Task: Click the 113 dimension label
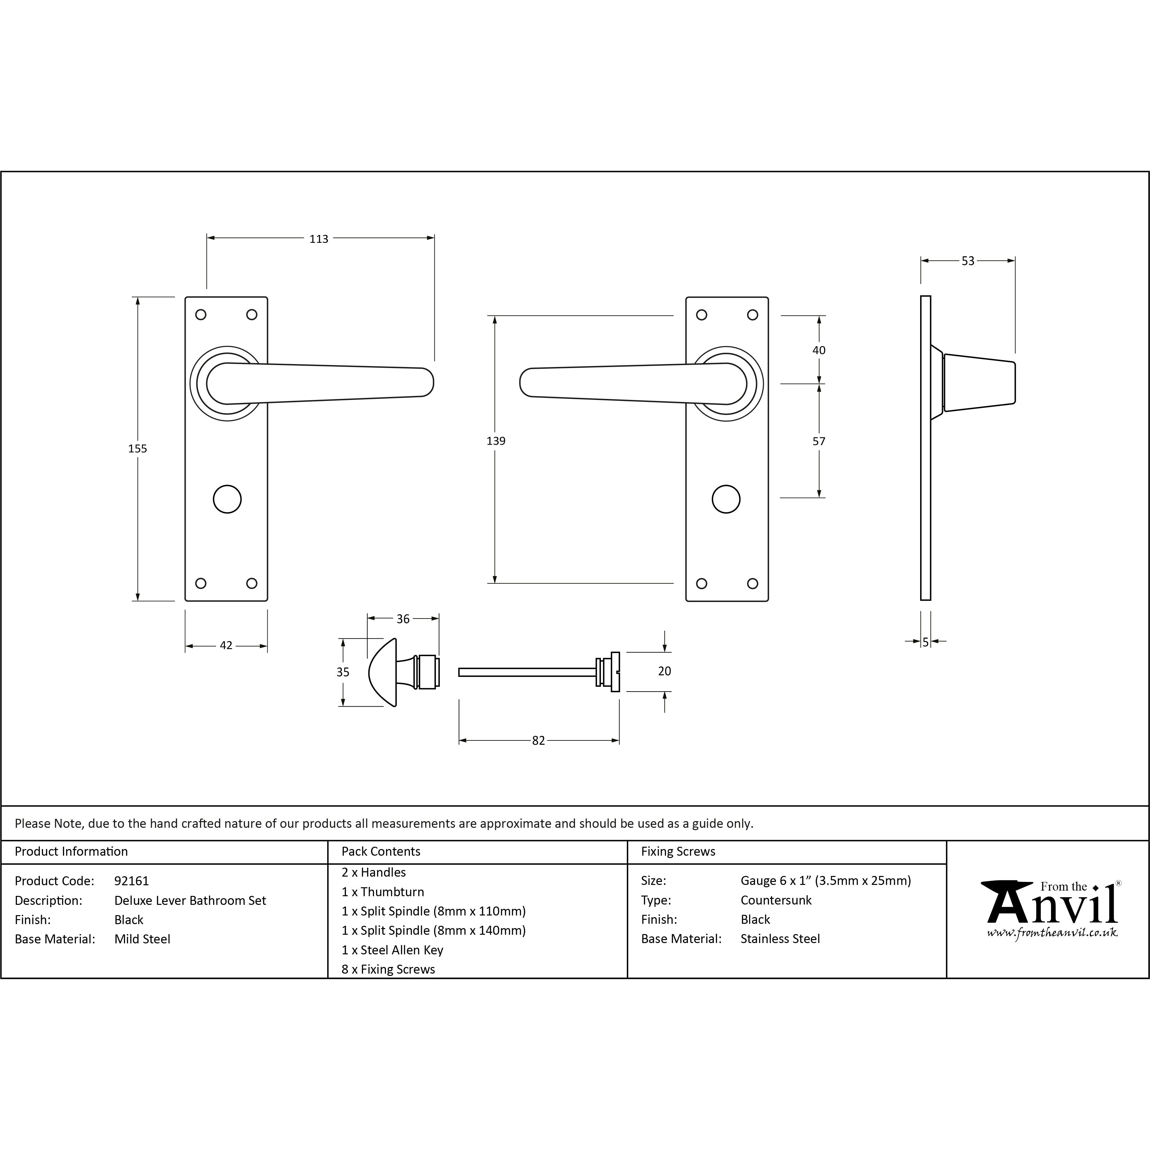[x=319, y=239]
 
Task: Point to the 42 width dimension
[x=226, y=645]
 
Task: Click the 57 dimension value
[x=819, y=441]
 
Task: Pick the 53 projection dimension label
[x=968, y=261]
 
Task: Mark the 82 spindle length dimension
[x=538, y=740]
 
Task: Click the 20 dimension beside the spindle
[x=664, y=671]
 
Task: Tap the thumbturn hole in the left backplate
[x=228, y=499]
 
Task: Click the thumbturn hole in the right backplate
[x=726, y=499]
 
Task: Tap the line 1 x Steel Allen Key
[x=392, y=950]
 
